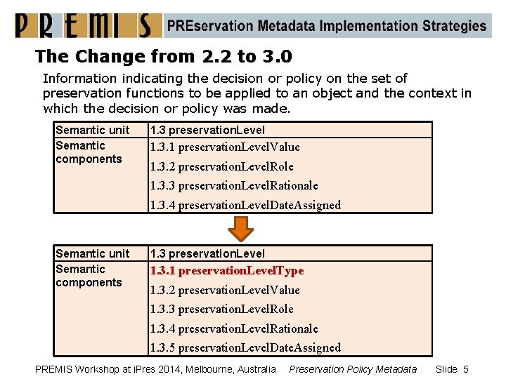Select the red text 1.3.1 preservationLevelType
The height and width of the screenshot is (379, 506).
pos(226,270)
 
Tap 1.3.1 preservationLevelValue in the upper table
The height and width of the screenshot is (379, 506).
pos(225,147)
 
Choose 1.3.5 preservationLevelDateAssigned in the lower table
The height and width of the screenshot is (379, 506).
pos(245,347)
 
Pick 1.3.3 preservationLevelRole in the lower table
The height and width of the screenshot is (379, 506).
pos(221,309)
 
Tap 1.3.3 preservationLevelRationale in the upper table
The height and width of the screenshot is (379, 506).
pos(234,185)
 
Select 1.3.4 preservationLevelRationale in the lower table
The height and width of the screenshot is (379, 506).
pos(234,328)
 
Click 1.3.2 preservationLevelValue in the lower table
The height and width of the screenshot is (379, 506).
pos(225,290)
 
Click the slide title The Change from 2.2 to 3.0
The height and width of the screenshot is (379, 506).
pos(164,55)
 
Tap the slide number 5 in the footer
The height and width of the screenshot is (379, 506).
pos(465,369)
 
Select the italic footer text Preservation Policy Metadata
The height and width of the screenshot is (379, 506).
pos(353,369)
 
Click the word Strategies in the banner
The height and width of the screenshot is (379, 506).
pos(454,26)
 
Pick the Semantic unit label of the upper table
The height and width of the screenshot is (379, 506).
pos(93,130)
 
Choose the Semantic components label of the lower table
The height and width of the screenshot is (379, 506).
pos(89,276)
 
